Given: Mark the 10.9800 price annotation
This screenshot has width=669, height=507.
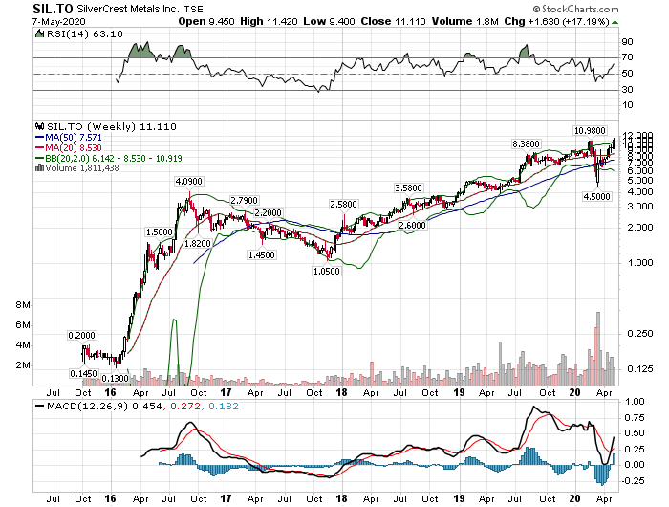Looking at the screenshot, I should (591, 129).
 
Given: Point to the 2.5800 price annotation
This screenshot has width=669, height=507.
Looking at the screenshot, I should (345, 205).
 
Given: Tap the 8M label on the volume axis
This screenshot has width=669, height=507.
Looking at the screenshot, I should (24, 304).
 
